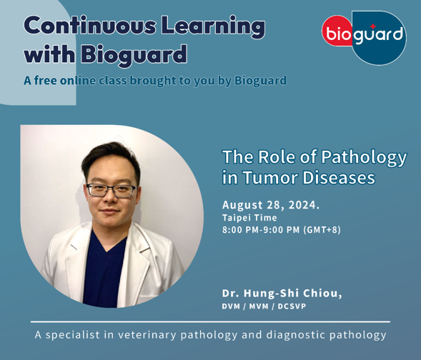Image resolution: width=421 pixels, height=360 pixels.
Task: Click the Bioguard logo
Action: click(364, 38)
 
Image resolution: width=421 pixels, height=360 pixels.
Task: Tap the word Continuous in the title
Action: click(90, 26)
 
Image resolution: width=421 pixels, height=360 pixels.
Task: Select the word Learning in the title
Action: click(213, 27)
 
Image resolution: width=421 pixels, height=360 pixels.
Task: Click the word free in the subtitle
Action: click(45, 80)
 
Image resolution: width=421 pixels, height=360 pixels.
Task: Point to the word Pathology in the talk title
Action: click(364, 158)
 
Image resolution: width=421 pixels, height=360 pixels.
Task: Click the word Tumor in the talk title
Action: click(271, 178)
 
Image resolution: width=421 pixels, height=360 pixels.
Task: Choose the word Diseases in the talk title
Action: click(339, 178)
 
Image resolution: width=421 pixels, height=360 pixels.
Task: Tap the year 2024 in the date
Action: click(302, 205)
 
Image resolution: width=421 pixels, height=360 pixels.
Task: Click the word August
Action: click(242, 205)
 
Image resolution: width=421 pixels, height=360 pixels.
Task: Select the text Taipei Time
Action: click(249, 218)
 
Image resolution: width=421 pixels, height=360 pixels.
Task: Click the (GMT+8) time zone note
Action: click(322, 230)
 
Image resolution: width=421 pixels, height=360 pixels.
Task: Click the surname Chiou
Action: click(322, 293)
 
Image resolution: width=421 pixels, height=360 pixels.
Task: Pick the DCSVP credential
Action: click(292, 306)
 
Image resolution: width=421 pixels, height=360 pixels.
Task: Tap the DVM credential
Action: click(231, 306)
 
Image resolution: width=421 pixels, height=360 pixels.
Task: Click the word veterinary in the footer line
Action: click(147, 335)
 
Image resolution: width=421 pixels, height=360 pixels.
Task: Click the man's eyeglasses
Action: click(112, 190)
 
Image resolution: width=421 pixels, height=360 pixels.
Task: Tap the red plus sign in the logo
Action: click(372, 26)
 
